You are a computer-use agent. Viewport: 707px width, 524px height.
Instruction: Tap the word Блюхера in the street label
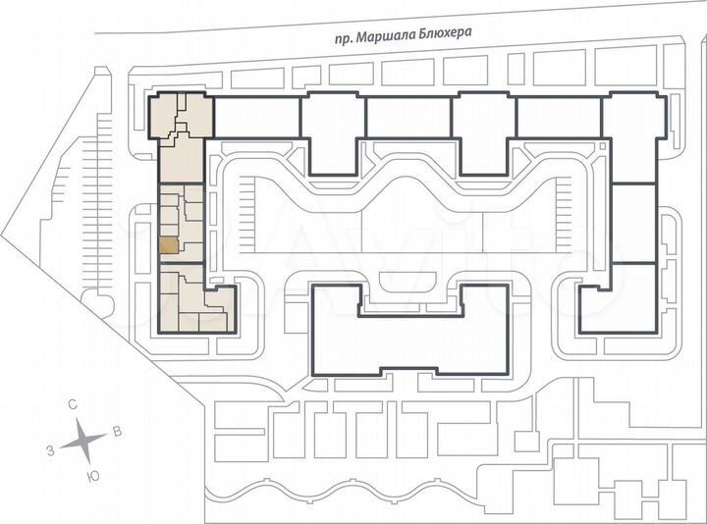(x=448, y=32)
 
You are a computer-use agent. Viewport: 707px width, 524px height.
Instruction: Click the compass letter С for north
(x=73, y=404)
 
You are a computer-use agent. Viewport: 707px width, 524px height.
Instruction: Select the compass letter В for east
(x=117, y=431)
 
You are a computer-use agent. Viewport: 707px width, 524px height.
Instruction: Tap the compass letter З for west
(x=49, y=449)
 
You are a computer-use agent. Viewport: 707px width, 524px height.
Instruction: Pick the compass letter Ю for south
(x=92, y=476)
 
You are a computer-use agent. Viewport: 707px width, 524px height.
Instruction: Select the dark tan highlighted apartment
(x=170, y=245)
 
